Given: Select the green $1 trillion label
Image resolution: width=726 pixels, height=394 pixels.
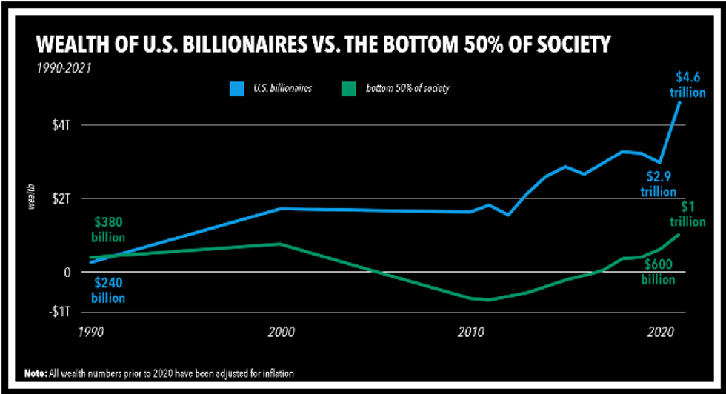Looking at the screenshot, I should click(x=689, y=214).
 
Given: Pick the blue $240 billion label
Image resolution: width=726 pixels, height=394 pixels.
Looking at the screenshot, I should click(x=109, y=290).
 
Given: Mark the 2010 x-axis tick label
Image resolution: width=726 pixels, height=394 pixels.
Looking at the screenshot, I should click(x=470, y=331).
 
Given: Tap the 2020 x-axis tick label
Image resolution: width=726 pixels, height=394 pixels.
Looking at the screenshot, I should click(x=659, y=331).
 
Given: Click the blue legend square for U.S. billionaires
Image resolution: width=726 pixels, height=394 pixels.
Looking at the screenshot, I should click(x=236, y=89).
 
